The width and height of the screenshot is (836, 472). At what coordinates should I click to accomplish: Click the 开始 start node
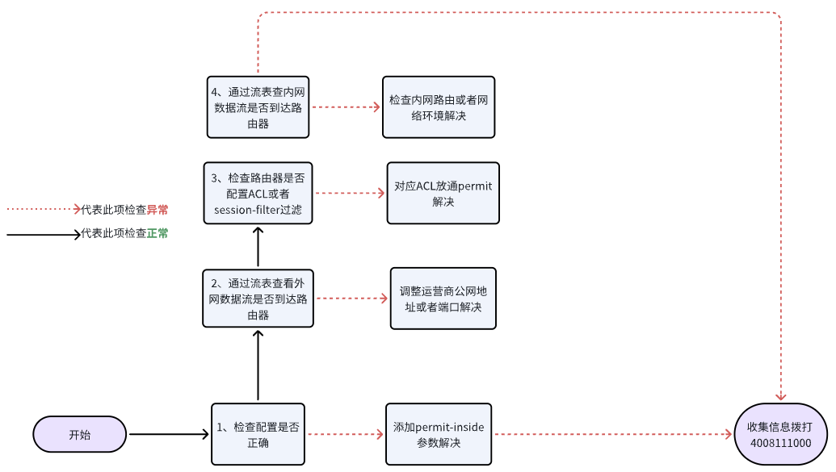point(80,435)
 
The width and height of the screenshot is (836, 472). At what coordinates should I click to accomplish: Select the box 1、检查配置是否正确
point(258,434)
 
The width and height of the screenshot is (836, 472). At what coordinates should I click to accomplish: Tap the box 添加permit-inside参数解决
point(439,434)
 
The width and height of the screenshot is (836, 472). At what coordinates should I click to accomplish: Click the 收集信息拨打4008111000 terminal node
point(780,435)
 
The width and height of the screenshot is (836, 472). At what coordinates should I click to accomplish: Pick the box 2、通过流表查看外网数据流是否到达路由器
point(258,299)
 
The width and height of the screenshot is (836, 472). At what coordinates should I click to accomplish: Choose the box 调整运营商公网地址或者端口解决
point(443,299)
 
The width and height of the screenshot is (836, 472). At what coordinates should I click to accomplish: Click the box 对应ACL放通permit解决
point(443,194)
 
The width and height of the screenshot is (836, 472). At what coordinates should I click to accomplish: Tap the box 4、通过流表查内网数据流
point(258,107)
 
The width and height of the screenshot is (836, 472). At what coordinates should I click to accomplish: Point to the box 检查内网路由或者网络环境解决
point(438,107)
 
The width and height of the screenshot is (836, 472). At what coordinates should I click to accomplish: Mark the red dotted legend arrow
point(44,209)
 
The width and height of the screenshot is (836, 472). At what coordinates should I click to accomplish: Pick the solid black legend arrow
point(44,235)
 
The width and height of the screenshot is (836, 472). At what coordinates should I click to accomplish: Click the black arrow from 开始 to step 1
point(169,435)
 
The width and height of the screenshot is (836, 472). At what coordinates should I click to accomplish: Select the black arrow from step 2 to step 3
point(258,247)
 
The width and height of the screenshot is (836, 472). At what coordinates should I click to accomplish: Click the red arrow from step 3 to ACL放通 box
point(349,194)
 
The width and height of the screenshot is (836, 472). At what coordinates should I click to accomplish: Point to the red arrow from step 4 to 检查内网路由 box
point(346,107)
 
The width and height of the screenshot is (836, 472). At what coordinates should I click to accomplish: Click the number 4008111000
point(780,444)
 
